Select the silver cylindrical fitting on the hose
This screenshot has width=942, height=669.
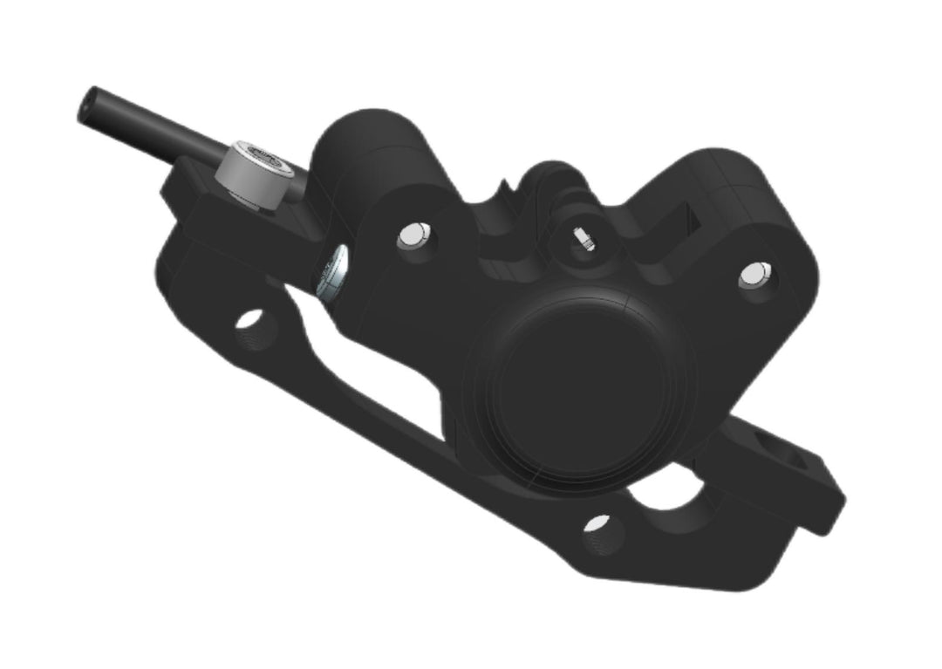coord(257,174)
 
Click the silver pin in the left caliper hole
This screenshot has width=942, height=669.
coord(415,236)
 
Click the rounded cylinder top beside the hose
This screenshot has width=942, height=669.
coord(371,140)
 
